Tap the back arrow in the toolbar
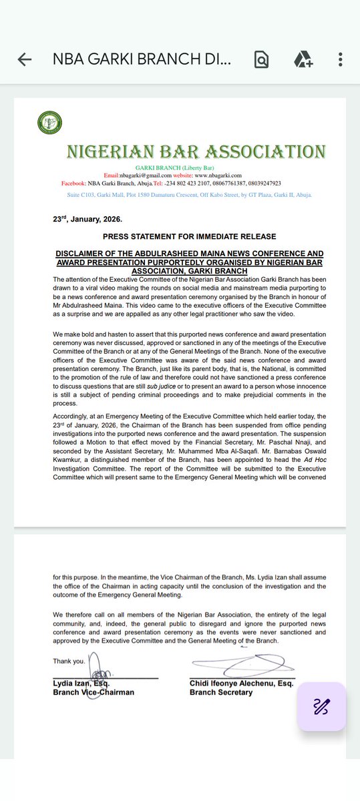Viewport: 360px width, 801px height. pyautogui.click(x=25, y=59)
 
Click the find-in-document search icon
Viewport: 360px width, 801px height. pyautogui.click(x=261, y=59)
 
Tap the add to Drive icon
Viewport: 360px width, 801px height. pyautogui.click(x=304, y=59)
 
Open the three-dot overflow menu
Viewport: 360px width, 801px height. pyautogui.click(x=341, y=59)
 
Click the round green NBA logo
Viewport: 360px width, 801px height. pyautogui.click(x=50, y=123)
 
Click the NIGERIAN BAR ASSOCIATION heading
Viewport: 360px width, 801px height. pyautogui.click(x=196, y=151)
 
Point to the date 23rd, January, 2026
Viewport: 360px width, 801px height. pyautogui.click(x=87, y=219)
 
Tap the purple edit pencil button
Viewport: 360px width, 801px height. pyautogui.click(x=321, y=706)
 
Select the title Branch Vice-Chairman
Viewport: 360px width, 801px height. pyautogui.click(x=94, y=692)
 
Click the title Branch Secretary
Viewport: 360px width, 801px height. pyautogui.click(x=221, y=692)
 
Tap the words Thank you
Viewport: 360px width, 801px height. pyautogui.click(x=69, y=661)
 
